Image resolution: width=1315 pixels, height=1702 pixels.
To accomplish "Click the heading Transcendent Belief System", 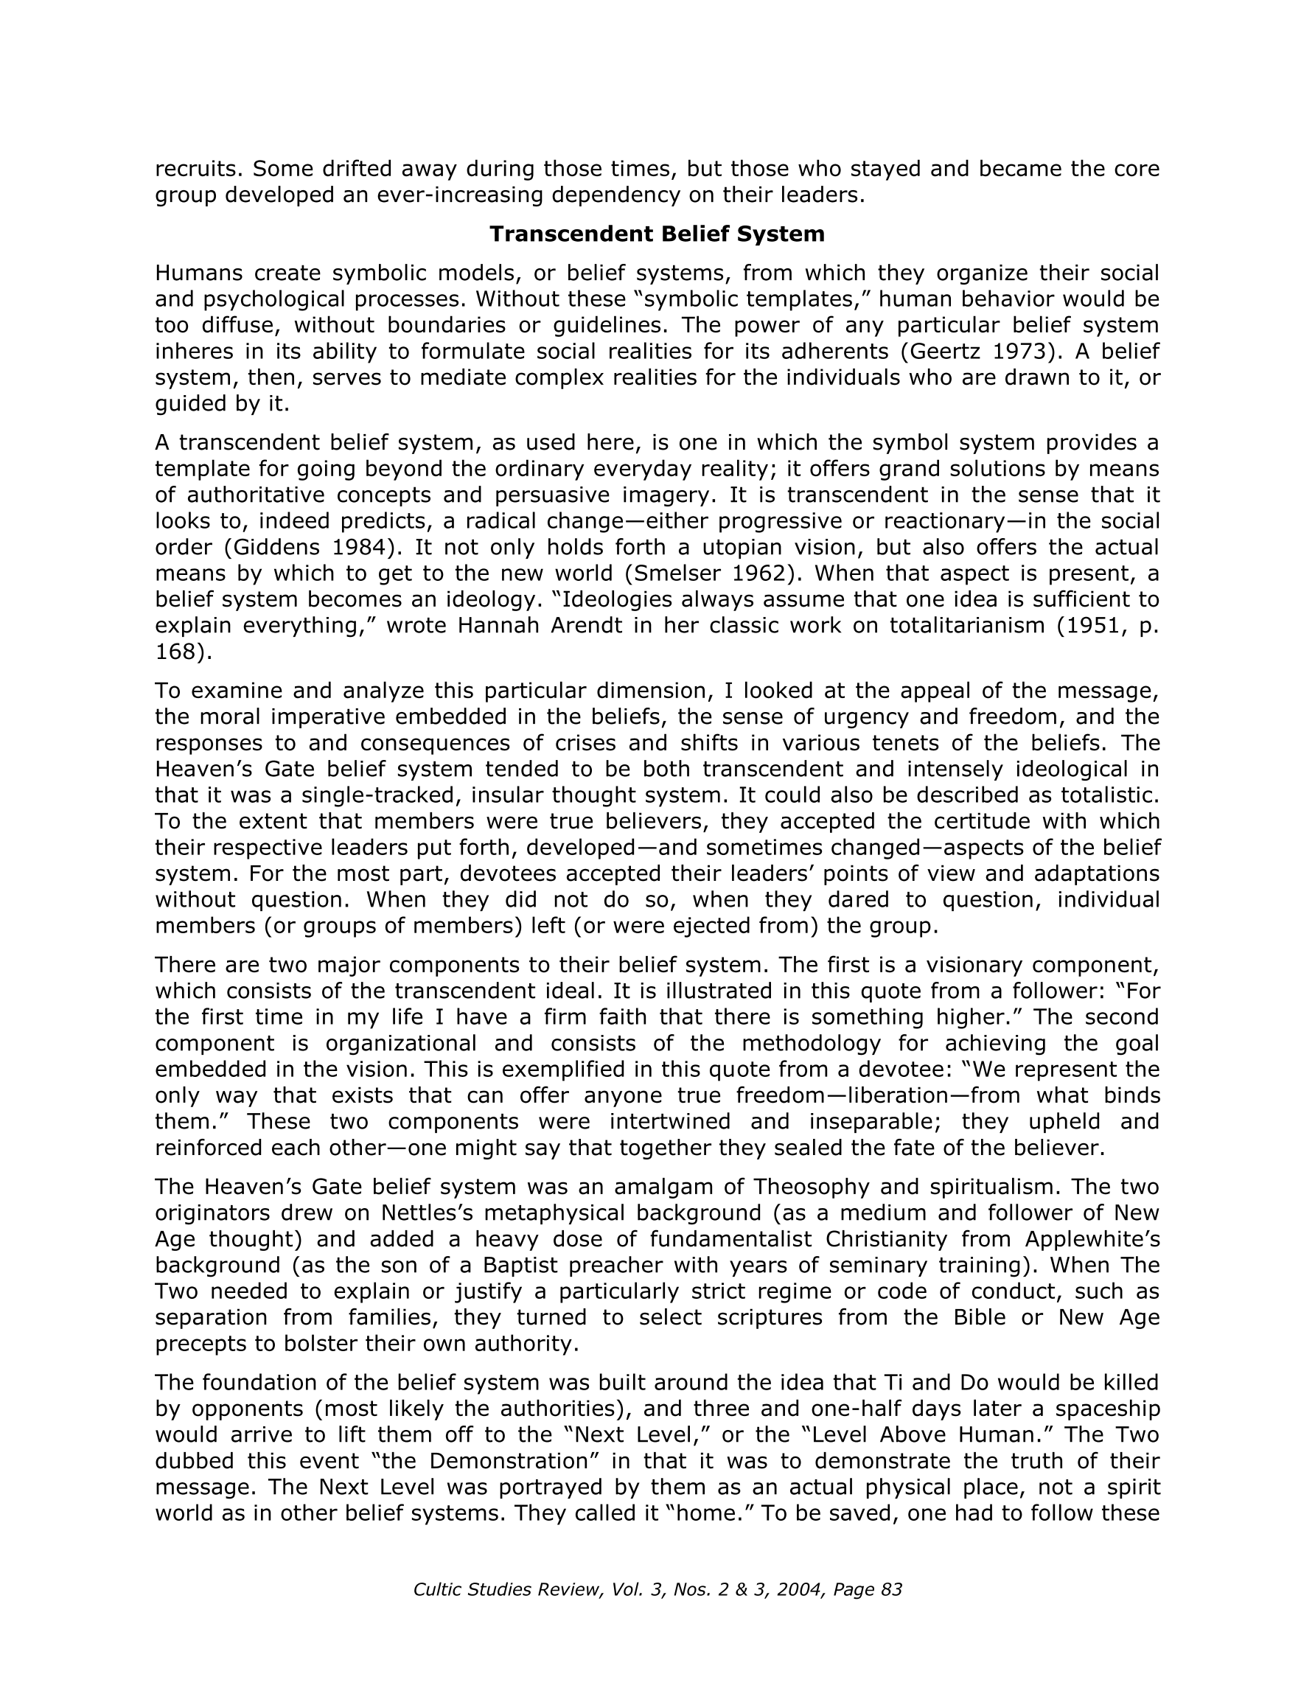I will pyautogui.click(x=656, y=234).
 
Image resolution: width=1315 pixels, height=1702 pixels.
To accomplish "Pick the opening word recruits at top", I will pyautogui.click(x=198, y=168).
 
